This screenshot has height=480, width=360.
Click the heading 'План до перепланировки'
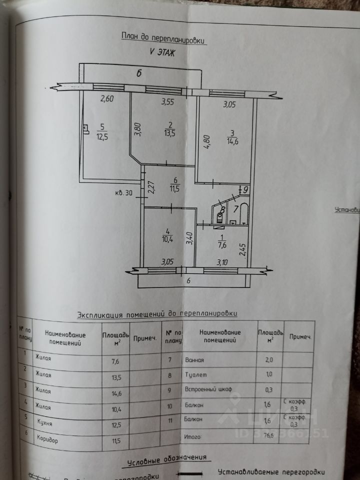click(163, 37)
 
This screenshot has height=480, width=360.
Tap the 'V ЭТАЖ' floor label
click(161, 52)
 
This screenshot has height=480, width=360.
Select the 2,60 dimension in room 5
click(107, 99)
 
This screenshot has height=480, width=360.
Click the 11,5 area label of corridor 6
click(174, 189)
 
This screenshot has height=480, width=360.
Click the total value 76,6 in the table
click(270, 436)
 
